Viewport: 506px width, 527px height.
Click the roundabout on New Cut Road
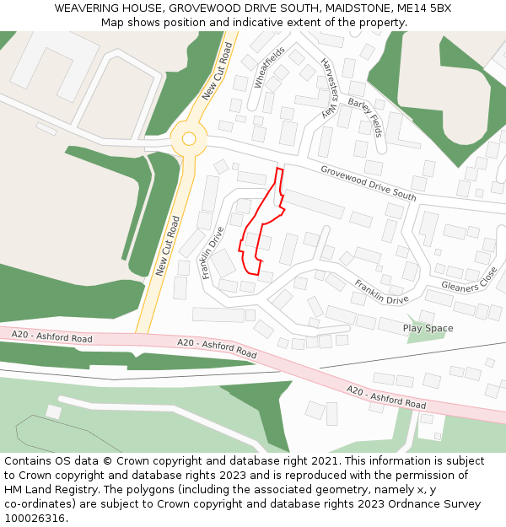coord(189,138)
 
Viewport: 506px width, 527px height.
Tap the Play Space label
coord(428,328)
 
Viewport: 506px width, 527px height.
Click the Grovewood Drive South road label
coord(368,182)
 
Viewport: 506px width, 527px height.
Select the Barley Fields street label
coord(364,116)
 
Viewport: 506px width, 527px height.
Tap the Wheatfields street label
coord(269,67)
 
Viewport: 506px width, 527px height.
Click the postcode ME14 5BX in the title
coord(425,8)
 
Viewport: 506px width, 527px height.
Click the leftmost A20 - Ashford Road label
coord(52,336)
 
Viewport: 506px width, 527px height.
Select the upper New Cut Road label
coord(217,73)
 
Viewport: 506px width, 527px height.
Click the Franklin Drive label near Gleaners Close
coord(381,292)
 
